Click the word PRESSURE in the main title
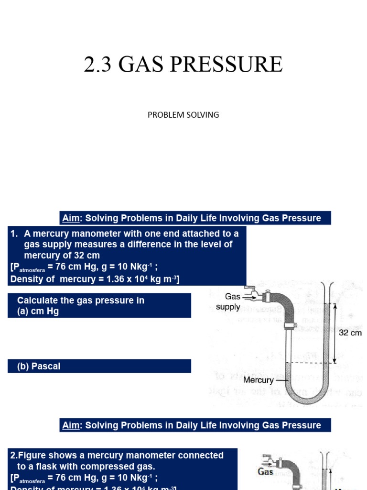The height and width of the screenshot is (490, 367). tap(229, 65)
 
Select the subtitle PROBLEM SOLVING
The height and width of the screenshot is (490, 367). tap(183, 115)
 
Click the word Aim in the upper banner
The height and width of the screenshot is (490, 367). tap(70, 218)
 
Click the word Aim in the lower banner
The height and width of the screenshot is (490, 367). tap(70, 425)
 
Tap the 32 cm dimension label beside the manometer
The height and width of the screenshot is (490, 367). tap(350, 333)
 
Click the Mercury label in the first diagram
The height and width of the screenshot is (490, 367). tap(258, 380)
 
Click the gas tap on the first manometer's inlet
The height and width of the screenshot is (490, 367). tap(252, 293)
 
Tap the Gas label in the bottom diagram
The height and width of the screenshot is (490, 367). tap(265, 472)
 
